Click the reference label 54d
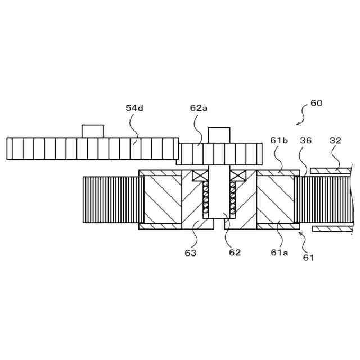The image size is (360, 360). tap(134, 107)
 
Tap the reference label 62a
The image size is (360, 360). tap(198, 107)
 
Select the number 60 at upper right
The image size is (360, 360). tap(316, 103)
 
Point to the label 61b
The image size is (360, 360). tap(279, 141)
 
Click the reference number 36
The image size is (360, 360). tap(305, 141)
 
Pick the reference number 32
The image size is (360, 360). tap(335, 141)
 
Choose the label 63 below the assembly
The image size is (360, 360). tap(191, 253)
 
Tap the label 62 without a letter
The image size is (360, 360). tap(235, 253)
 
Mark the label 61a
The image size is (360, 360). tap(279, 253)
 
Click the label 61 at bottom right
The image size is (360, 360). tap(308, 258)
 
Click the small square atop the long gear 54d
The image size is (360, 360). tap(93, 131)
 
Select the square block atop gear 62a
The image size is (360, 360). tap(219, 134)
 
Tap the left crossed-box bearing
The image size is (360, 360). tap(200, 175)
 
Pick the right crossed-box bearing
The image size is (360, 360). tap(237, 175)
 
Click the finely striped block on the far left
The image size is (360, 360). tap(112, 200)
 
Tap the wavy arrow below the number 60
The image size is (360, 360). tap(302, 118)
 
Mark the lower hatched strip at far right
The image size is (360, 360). tap(332, 228)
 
